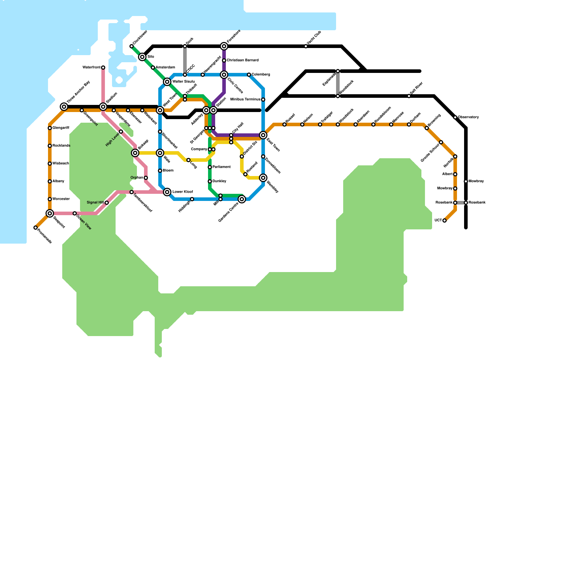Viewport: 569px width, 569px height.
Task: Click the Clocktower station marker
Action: pos(132,46)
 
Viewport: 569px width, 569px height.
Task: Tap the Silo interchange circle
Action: pos(142,57)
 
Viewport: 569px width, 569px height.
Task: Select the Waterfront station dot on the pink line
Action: pos(103,68)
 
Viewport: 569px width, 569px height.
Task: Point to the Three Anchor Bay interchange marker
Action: pos(64,107)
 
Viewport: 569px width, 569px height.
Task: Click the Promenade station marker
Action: pos(36,228)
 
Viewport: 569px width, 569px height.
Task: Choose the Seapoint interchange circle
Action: pos(50,213)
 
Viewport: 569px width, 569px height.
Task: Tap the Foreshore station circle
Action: pos(224,46)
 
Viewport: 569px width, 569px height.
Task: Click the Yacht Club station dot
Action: pos(306,46)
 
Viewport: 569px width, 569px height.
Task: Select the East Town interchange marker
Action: pos(263,135)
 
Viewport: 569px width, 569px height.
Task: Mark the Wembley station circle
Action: pos(263,178)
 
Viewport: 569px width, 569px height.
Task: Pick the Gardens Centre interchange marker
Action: pos(242,199)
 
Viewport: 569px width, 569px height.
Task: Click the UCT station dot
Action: pos(445,220)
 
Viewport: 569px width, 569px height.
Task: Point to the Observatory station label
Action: pos(468,117)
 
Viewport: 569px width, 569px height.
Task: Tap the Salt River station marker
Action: pos(409,96)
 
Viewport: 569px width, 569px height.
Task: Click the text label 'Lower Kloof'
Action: pos(182,192)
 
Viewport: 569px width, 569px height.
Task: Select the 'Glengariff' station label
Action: pos(61,128)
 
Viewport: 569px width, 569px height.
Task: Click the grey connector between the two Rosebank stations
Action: pos(461,203)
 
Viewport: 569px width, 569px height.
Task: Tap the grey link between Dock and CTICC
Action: pos(185,60)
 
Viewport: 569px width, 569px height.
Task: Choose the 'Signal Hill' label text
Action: pos(95,203)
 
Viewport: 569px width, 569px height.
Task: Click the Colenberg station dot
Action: pos(249,75)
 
